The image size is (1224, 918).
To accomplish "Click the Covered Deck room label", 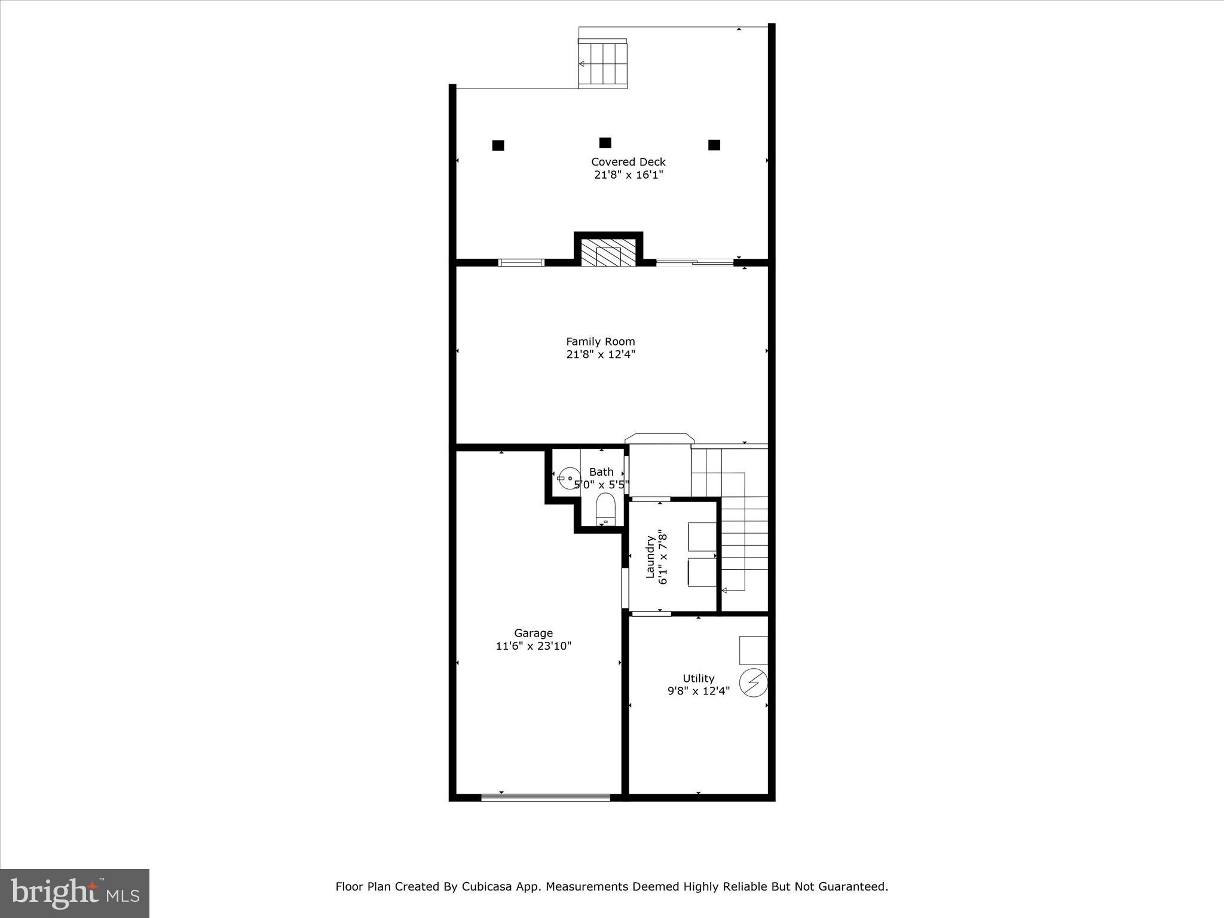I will [628, 161].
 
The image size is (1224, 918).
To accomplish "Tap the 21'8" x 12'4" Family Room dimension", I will [601, 354].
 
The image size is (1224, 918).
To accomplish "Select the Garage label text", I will [533, 633].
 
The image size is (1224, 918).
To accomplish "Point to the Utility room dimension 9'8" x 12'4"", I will [698, 691].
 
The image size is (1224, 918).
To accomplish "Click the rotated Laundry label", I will [650, 558].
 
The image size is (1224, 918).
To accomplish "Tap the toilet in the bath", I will [605, 509].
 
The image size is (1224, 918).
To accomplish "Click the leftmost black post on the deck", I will [498, 145].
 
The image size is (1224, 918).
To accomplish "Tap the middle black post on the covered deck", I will [605, 143].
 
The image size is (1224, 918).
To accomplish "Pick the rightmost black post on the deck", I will [714, 145].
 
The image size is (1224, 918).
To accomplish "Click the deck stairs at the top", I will [603, 63].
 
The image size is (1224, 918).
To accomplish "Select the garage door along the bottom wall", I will [545, 797].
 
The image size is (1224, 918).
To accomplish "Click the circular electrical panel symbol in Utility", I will [753, 683].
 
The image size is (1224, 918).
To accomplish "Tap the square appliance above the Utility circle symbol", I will [753, 650].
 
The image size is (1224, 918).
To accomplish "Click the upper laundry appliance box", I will [702, 536].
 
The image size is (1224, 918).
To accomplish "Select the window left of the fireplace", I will [521, 262].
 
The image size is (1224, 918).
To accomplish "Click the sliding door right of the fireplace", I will [694, 262].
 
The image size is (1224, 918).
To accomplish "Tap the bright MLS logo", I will [75, 893].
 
